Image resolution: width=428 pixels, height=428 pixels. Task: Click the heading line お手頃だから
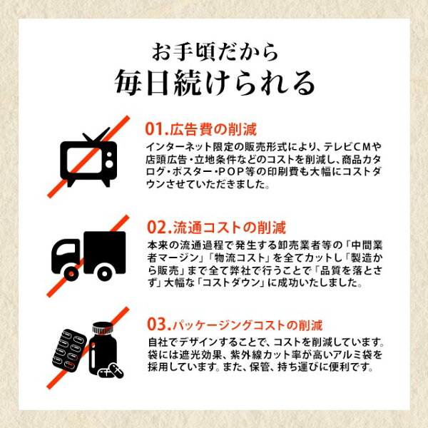pyautogui.click(x=215, y=51)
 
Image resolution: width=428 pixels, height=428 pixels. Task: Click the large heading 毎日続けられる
pyautogui.click(x=215, y=83)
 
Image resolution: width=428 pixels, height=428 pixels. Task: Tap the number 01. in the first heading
pyautogui.click(x=156, y=129)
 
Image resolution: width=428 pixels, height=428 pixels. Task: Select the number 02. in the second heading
pyautogui.click(x=159, y=228)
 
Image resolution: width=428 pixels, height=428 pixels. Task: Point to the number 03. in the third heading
pyautogui.click(x=159, y=325)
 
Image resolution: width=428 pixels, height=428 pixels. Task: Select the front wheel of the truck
pyautogui.click(x=71, y=273)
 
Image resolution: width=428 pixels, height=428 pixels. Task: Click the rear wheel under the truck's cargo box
pyautogui.click(x=104, y=274)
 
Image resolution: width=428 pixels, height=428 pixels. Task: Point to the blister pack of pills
pyautogui.click(x=69, y=350)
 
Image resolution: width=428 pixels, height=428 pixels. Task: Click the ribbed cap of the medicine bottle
pyautogui.click(x=103, y=328)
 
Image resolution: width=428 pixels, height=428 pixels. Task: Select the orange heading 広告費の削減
pyautogui.click(x=213, y=129)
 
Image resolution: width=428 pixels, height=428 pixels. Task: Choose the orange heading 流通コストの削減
pyautogui.click(x=230, y=228)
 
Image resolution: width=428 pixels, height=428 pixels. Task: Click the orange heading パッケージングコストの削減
pyautogui.click(x=248, y=325)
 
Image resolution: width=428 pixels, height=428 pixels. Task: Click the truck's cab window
pyautogui.click(x=66, y=249)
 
